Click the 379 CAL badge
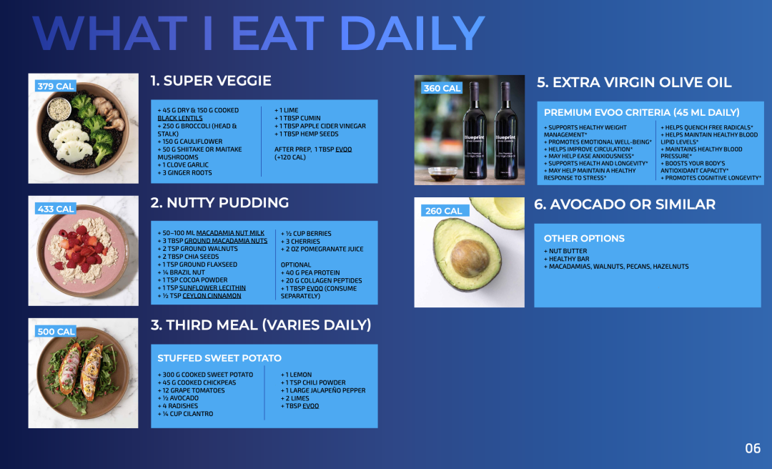pos(56,87)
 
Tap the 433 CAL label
pos(56,209)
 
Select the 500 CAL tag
pos(56,332)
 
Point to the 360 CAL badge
pos(442,88)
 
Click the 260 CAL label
pos(443,211)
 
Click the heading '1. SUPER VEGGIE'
pos(211,81)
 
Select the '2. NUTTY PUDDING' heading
pos(219,202)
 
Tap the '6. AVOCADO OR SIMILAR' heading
pos(625,204)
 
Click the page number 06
pos(752,448)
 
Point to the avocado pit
pos(470,257)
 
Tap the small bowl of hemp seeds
pos(59,109)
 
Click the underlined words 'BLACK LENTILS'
pos(179,118)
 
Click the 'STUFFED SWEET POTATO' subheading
pos(219,358)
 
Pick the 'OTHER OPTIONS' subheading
pos(584,239)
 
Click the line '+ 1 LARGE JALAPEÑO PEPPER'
pos(323,390)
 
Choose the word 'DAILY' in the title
pos(412,33)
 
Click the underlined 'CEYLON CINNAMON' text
pos(212,295)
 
